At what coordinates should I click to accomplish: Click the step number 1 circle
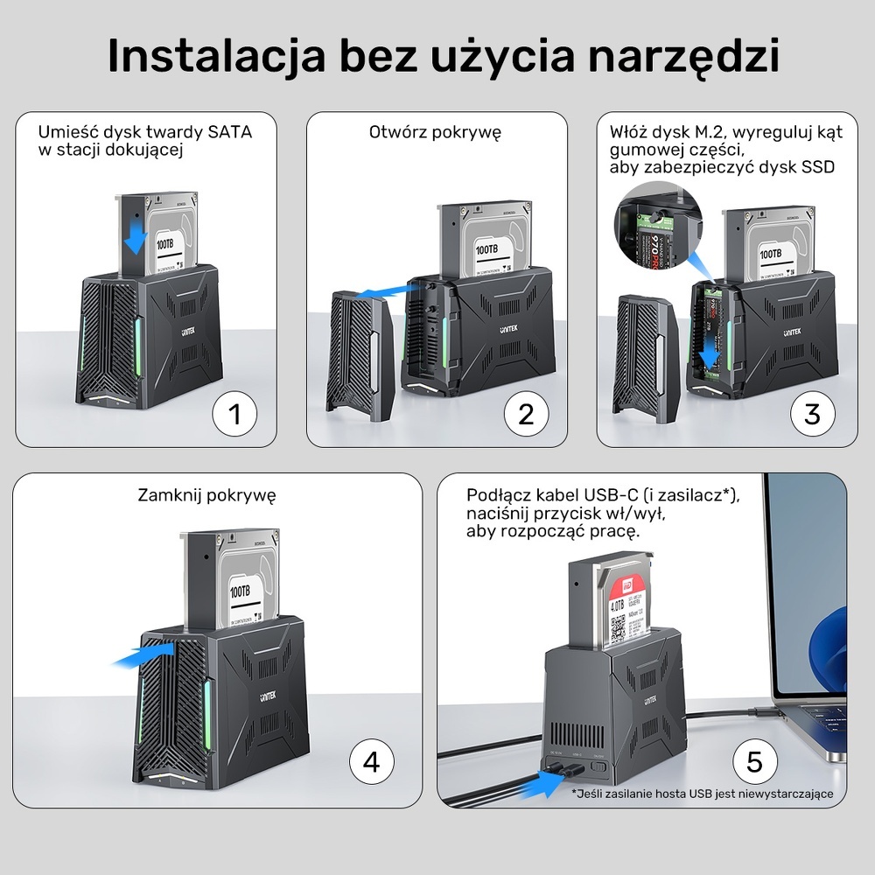234,414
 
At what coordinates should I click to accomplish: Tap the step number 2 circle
526,414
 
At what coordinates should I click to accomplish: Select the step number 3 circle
812,414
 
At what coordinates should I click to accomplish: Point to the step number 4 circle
372,762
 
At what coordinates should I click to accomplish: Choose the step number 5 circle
754,762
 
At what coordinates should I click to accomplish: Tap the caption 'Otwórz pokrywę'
435,133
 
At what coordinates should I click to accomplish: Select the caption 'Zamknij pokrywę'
206,495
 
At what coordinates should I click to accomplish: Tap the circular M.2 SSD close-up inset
651,228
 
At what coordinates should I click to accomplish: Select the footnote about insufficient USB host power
703,794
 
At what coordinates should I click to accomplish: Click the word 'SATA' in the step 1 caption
229,133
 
